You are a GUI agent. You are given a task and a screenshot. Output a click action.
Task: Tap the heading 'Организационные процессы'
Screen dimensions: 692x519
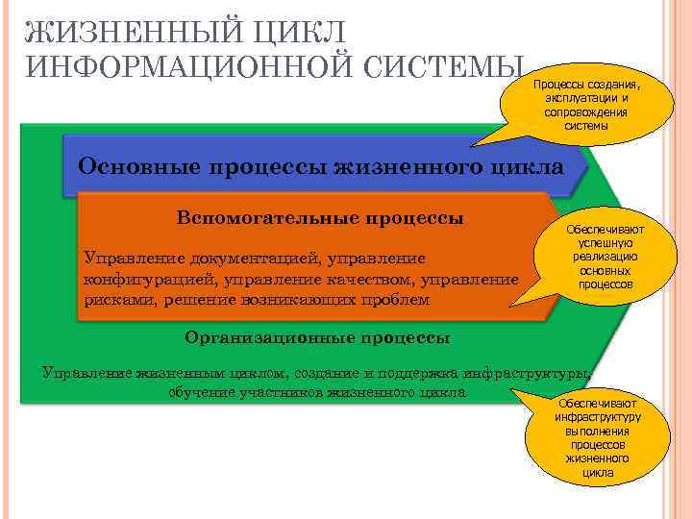click(x=317, y=338)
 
